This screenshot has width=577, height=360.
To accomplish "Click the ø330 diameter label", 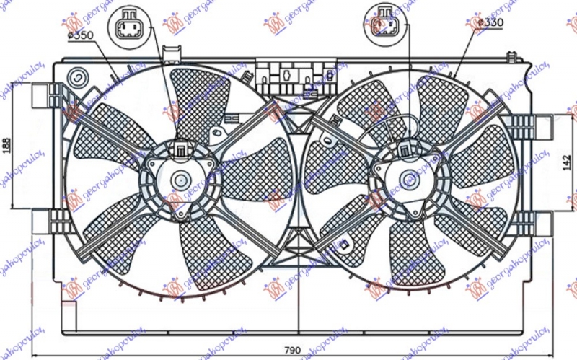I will (x=490, y=22).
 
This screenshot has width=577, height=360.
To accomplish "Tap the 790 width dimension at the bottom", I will (x=292, y=350).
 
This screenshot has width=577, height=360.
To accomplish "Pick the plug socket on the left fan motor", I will (x=178, y=150).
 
